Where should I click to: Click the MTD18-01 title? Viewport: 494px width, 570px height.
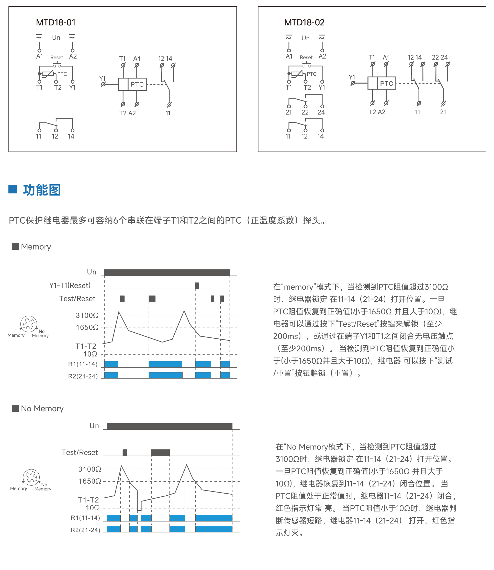tap(56, 22)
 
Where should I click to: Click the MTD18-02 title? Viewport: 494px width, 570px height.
tap(304, 22)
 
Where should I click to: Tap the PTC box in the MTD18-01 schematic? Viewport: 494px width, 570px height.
tap(137, 84)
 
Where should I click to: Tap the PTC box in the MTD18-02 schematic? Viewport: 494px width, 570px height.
tap(387, 83)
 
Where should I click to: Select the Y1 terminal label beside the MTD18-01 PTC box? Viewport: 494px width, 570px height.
tap(102, 78)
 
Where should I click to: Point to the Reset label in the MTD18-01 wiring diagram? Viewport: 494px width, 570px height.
tap(57, 58)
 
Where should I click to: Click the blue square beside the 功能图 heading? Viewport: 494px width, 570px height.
tap(13, 189)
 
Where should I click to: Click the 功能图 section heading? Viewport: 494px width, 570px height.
tap(42, 190)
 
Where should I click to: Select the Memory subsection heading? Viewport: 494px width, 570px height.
tap(36, 247)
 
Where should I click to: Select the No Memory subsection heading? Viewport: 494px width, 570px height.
tap(42, 408)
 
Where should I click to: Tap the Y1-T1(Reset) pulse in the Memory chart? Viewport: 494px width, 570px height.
tap(197, 286)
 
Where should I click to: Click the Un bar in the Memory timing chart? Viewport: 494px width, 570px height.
tap(167, 272)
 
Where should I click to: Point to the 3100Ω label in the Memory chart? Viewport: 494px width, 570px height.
tap(87, 315)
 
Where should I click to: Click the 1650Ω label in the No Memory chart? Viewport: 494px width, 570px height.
tap(89, 481)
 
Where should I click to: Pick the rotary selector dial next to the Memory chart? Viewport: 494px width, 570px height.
tap(29, 324)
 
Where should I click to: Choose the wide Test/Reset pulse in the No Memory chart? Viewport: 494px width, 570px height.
tap(160, 452)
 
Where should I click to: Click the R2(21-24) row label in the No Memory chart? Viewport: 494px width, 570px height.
tap(85, 530)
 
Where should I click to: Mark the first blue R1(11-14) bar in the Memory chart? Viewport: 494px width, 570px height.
tap(111, 364)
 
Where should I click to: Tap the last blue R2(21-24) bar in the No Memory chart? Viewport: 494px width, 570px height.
tap(214, 529)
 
